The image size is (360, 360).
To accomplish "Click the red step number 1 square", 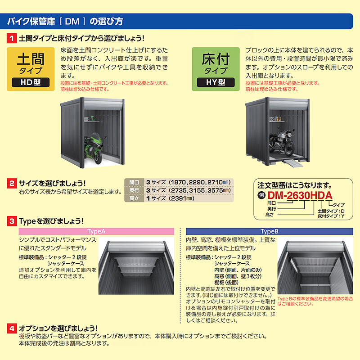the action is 12,38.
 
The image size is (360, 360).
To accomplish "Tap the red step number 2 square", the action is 12,183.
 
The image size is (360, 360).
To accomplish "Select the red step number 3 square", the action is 12,221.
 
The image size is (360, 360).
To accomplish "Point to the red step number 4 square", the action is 12,328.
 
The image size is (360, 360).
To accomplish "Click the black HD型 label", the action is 31,82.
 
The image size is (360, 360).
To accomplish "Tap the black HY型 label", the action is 216,82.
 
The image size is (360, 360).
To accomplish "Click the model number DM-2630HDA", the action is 300,195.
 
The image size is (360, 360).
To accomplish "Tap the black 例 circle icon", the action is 261,195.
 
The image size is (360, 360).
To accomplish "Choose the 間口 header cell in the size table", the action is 134,182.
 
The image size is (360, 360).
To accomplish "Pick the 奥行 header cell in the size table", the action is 134,190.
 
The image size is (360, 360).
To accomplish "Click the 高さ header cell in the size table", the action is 134,198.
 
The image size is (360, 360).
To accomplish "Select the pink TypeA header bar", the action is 96,231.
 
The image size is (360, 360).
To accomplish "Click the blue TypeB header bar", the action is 269,231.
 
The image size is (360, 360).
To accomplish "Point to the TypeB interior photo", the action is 315,266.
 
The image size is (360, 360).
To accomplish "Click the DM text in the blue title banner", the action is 72,22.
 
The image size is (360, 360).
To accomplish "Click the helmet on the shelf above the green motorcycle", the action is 92,118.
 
